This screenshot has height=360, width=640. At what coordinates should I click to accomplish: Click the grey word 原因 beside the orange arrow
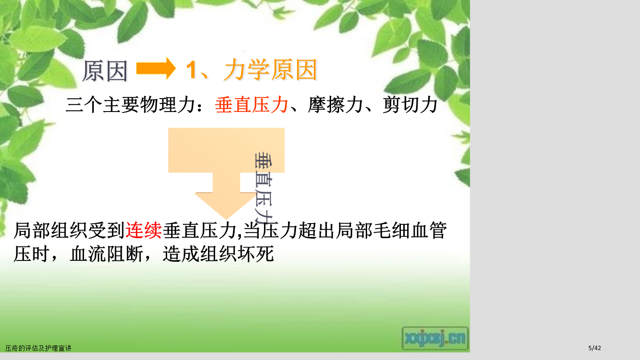105,71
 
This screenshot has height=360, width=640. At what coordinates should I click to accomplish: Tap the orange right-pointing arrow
156,68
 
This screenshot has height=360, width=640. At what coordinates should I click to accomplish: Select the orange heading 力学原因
271,70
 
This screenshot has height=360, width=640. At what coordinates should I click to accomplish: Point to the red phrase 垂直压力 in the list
252,105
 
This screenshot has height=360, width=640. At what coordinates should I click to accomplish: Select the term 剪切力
410,105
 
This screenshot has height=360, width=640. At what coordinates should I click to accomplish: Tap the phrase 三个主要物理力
130,105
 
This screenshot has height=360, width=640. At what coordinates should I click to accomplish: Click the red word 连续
144,230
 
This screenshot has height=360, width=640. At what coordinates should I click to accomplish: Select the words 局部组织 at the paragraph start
50,230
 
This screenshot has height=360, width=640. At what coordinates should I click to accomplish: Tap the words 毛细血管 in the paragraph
409,230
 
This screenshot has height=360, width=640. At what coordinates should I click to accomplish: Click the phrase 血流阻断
107,254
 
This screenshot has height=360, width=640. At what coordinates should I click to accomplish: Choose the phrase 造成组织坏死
219,254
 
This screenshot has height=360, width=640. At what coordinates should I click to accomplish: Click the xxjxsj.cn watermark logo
435,339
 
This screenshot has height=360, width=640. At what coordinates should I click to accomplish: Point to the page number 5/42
595,348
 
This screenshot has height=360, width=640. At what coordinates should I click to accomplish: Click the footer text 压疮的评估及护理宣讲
38,348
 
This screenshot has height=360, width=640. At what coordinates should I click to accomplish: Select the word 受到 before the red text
106,230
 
